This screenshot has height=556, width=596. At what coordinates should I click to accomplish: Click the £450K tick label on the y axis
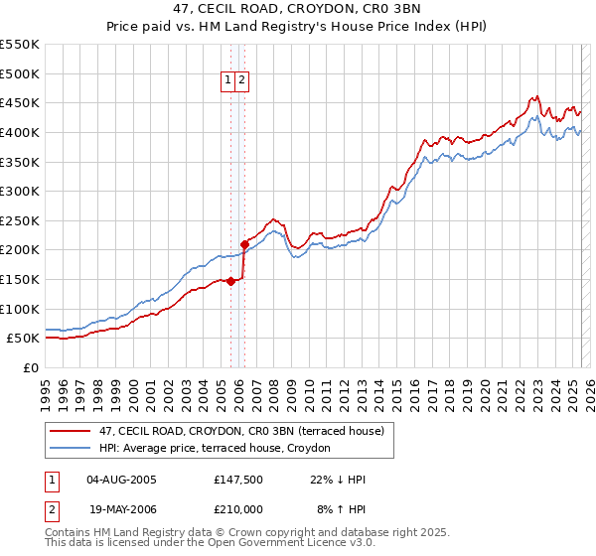point(20,102)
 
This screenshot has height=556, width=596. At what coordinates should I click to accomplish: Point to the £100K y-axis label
point(20,309)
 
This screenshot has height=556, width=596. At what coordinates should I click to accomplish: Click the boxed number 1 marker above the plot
point(228,81)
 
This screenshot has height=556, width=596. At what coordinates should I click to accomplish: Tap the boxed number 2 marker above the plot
point(242,81)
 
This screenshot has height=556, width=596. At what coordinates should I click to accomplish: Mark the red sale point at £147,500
point(230,281)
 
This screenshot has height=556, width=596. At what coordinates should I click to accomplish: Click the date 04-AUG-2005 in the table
point(121,480)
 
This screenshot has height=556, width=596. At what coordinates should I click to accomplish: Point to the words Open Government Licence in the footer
point(277,544)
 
